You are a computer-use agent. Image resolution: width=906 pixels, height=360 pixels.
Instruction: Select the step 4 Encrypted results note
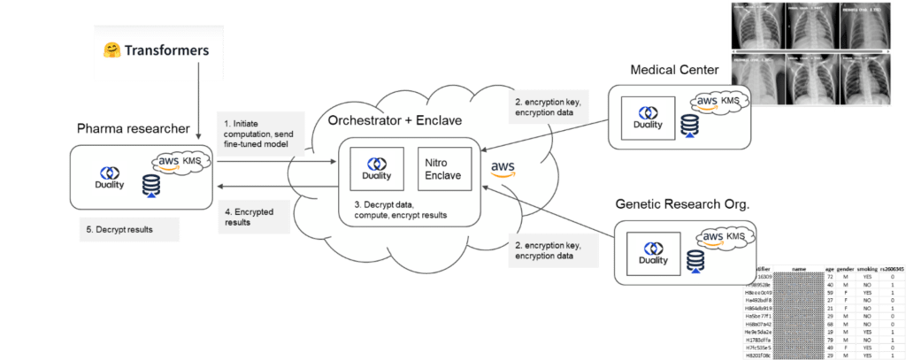pos(252,218)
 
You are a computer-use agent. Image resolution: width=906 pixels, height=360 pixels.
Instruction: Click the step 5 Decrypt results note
pos(130,230)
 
